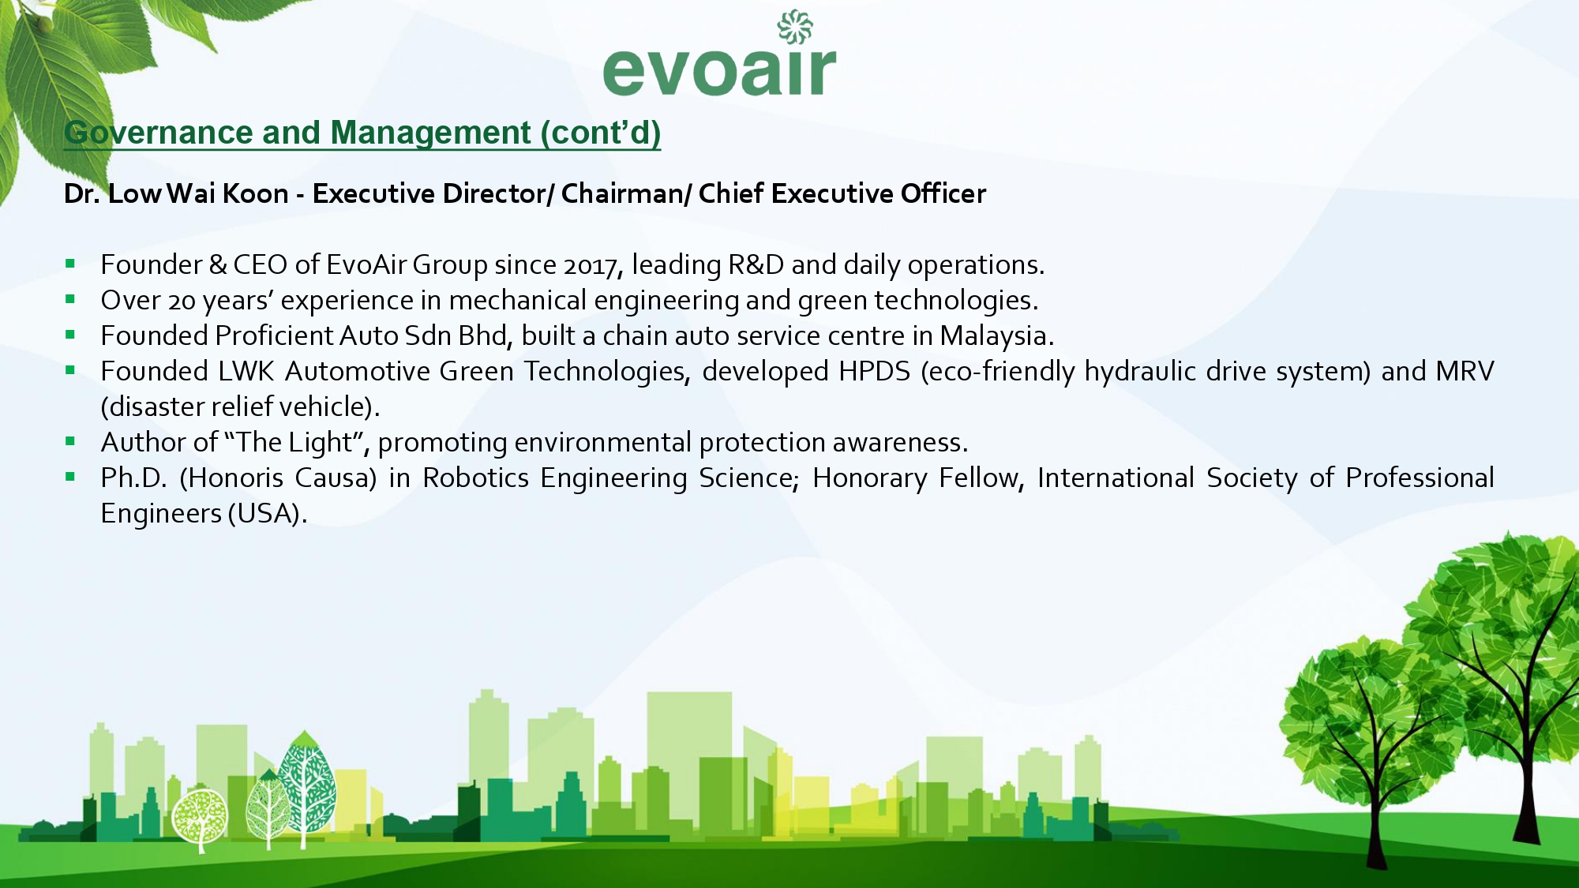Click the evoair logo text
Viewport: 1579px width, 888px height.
coord(719,70)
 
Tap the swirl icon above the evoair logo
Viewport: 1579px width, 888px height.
coord(795,27)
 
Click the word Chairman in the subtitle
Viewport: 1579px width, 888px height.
coord(622,193)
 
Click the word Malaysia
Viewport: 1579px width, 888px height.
coord(993,337)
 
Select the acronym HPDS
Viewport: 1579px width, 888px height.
coord(875,371)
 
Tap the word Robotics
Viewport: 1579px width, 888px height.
coord(475,478)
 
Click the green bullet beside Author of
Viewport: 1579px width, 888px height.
coord(70,441)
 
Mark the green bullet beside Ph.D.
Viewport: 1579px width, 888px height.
coord(70,477)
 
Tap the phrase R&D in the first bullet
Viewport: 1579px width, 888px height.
coord(756,265)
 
